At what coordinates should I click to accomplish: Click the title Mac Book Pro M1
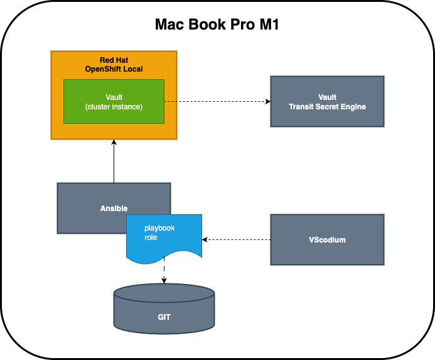[x=217, y=25]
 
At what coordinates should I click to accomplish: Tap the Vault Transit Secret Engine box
[x=327, y=102]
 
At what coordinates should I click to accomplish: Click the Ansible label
[x=114, y=208]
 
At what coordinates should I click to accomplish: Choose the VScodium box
[x=327, y=239]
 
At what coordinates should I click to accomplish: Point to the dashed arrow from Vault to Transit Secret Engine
[x=217, y=101]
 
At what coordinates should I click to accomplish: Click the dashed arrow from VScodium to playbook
[x=237, y=239]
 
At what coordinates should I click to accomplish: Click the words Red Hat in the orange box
[x=114, y=60]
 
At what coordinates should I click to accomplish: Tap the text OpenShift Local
[x=114, y=68]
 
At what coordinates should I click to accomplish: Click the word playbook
[x=159, y=228]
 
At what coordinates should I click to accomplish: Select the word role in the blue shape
[x=151, y=238]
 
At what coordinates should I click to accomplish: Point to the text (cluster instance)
[x=114, y=106]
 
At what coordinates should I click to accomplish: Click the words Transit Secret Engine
[x=327, y=107]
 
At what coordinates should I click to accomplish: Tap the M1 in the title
[x=266, y=25]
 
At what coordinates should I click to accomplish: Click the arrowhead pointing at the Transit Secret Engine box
[x=267, y=101]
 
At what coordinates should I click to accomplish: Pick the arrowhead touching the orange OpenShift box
[x=114, y=143]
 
